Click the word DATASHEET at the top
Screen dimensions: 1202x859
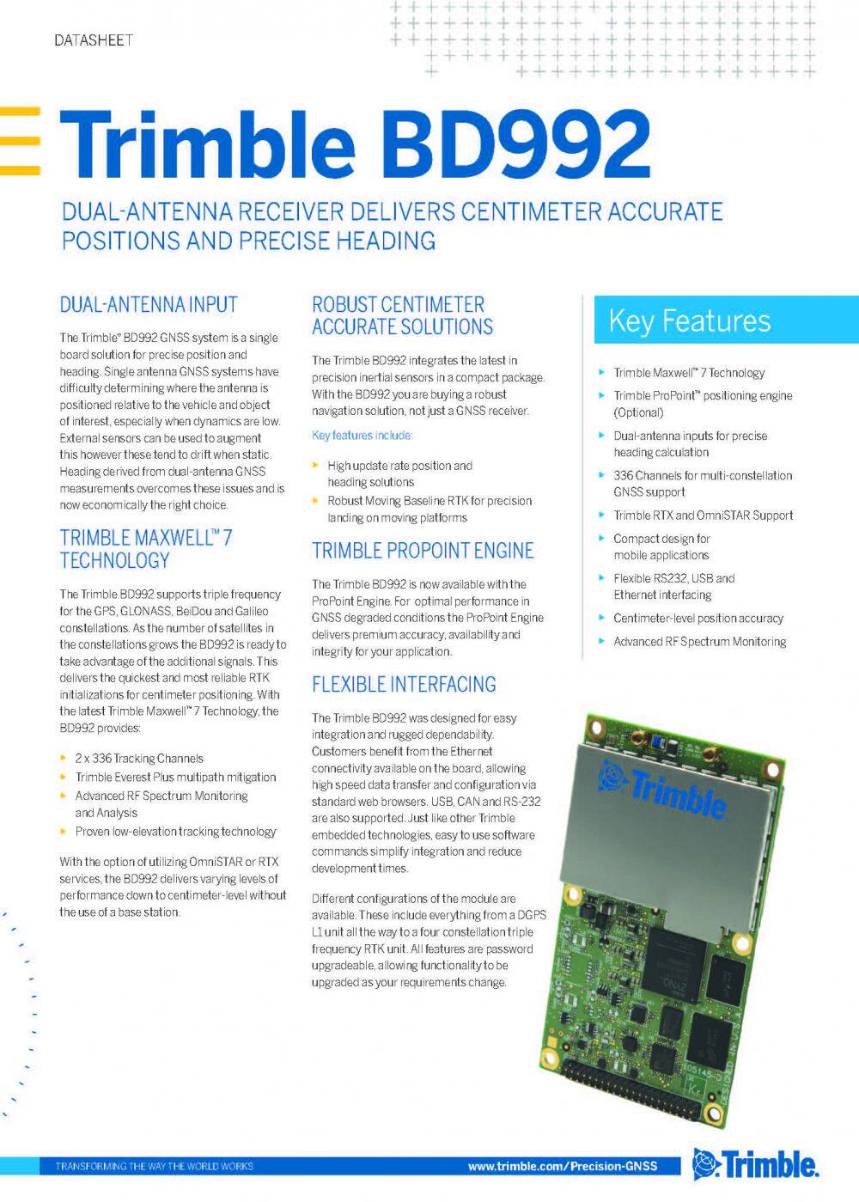(93, 40)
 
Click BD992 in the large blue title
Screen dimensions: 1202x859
(516, 143)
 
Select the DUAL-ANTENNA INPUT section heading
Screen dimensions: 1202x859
(149, 304)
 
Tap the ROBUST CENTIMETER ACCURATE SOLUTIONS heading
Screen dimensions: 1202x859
(402, 315)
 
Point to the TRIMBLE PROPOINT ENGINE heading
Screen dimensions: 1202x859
(423, 551)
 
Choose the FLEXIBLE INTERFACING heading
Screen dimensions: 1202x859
(404, 685)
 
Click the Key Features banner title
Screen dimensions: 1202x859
(689, 320)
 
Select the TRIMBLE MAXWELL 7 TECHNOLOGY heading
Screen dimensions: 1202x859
(145, 549)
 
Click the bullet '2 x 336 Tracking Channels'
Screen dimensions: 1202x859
(139, 759)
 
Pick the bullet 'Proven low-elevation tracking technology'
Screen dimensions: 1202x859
(175, 832)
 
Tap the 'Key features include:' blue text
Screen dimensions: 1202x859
(362, 436)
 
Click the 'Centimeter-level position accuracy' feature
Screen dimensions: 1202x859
(698, 619)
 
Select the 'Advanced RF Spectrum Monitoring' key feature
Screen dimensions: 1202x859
(699, 642)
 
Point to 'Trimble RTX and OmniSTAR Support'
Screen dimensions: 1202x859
(703, 516)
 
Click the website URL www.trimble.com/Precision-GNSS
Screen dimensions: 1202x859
(562, 1166)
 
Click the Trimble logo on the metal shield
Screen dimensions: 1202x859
(665, 790)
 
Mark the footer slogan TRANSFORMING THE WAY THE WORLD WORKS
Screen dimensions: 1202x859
(155, 1166)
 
